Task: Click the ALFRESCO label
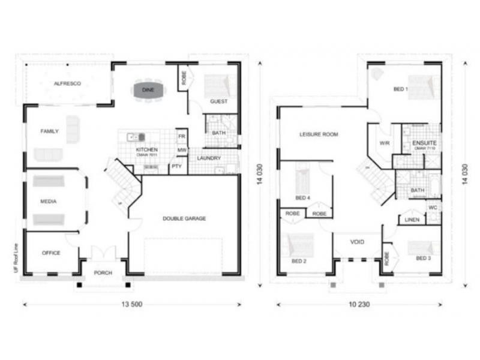click(x=67, y=83)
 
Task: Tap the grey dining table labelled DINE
click(x=148, y=90)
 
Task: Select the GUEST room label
click(x=219, y=101)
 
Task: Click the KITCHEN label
click(x=147, y=149)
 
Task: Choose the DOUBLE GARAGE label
click(x=184, y=218)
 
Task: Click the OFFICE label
click(x=51, y=253)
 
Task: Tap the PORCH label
click(x=103, y=273)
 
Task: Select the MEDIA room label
click(x=49, y=202)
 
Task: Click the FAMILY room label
click(x=49, y=131)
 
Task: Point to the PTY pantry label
click(x=176, y=166)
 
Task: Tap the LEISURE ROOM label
click(x=319, y=134)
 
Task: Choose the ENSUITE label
click(x=424, y=143)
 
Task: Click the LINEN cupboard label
click(x=412, y=220)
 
